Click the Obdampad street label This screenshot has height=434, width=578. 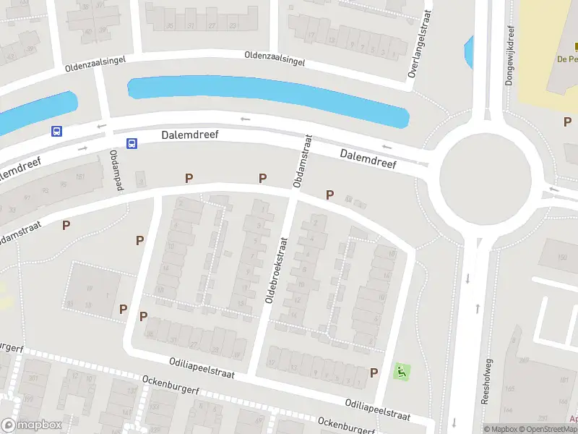[x=116, y=171]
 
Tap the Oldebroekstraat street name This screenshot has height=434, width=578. [x=277, y=267]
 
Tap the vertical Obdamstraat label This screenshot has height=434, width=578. [x=302, y=161]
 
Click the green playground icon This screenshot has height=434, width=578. [x=400, y=373]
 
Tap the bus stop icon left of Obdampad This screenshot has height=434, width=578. [x=57, y=131]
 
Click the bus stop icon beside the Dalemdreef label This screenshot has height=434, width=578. [x=132, y=143]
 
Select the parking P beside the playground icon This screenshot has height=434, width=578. [x=374, y=373]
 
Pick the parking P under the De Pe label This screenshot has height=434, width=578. [x=567, y=122]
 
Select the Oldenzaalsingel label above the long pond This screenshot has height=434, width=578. [x=275, y=59]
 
